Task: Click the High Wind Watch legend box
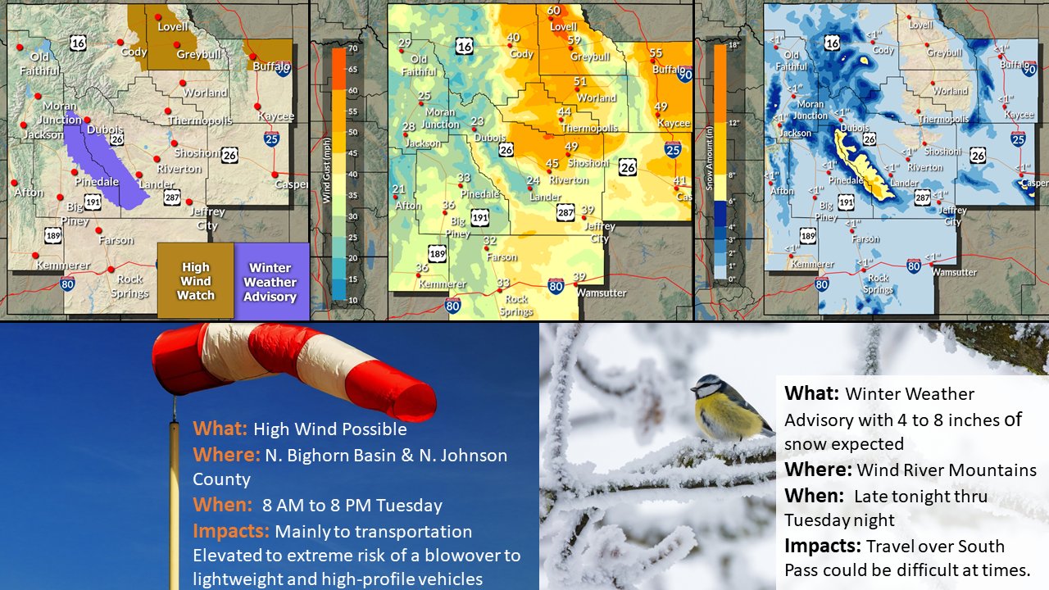(195, 280)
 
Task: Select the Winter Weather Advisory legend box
(270, 281)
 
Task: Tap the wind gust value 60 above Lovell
(554, 11)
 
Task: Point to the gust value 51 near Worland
(580, 82)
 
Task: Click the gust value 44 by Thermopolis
(565, 112)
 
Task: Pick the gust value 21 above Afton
(399, 190)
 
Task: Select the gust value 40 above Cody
(514, 38)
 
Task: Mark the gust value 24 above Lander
(534, 181)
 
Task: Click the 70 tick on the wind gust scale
(352, 48)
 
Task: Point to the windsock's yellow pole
(174, 508)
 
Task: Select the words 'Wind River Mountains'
(947, 470)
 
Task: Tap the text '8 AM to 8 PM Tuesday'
(352, 506)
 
